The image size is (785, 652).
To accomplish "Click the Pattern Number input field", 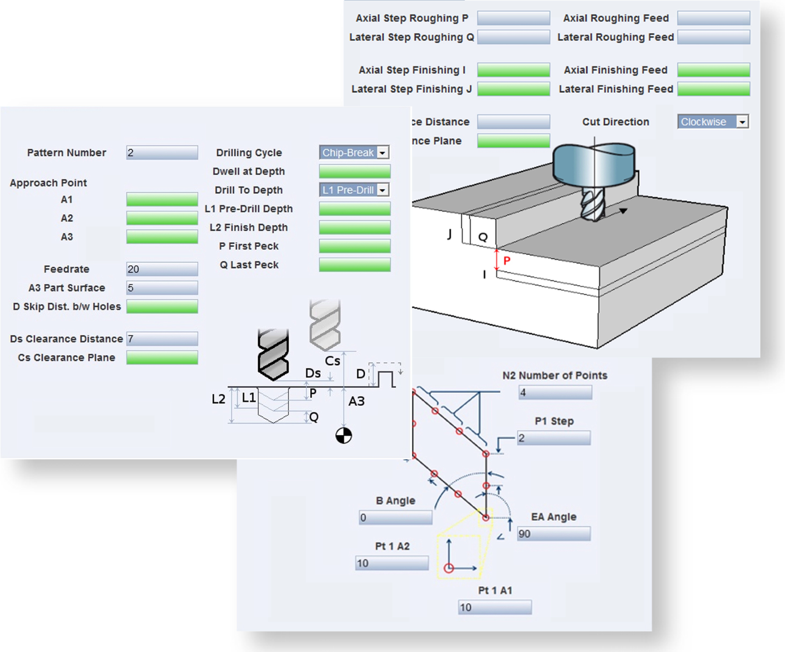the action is point(162,152).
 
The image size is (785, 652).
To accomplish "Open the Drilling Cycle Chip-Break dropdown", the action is point(354,152).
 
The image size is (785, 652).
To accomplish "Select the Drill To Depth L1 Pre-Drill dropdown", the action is point(354,190).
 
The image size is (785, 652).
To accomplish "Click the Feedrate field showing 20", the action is point(162,269).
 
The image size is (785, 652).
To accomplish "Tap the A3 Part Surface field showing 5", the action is point(162,288).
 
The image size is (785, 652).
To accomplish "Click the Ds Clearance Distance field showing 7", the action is point(162,339).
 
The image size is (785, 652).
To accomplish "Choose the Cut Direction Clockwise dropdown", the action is point(713,122).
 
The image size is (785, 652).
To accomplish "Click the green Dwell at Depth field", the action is point(355,171).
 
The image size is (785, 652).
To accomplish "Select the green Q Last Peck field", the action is point(355,265).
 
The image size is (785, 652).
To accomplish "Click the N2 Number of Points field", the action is point(555,393).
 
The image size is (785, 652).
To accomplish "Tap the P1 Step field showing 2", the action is point(554,438).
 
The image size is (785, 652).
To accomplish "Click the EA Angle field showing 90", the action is point(554,533).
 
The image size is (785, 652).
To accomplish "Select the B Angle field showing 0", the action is point(395,518).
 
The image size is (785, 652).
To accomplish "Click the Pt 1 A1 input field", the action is point(495,607).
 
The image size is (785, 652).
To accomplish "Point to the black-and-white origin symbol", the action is point(343,436).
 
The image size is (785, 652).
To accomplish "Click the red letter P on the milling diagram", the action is point(507,260).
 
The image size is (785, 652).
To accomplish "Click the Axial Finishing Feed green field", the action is point(714,70).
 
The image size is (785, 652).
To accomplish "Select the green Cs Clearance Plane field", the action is point(162,357).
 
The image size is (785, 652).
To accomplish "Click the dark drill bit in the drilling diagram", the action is point(273,354).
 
